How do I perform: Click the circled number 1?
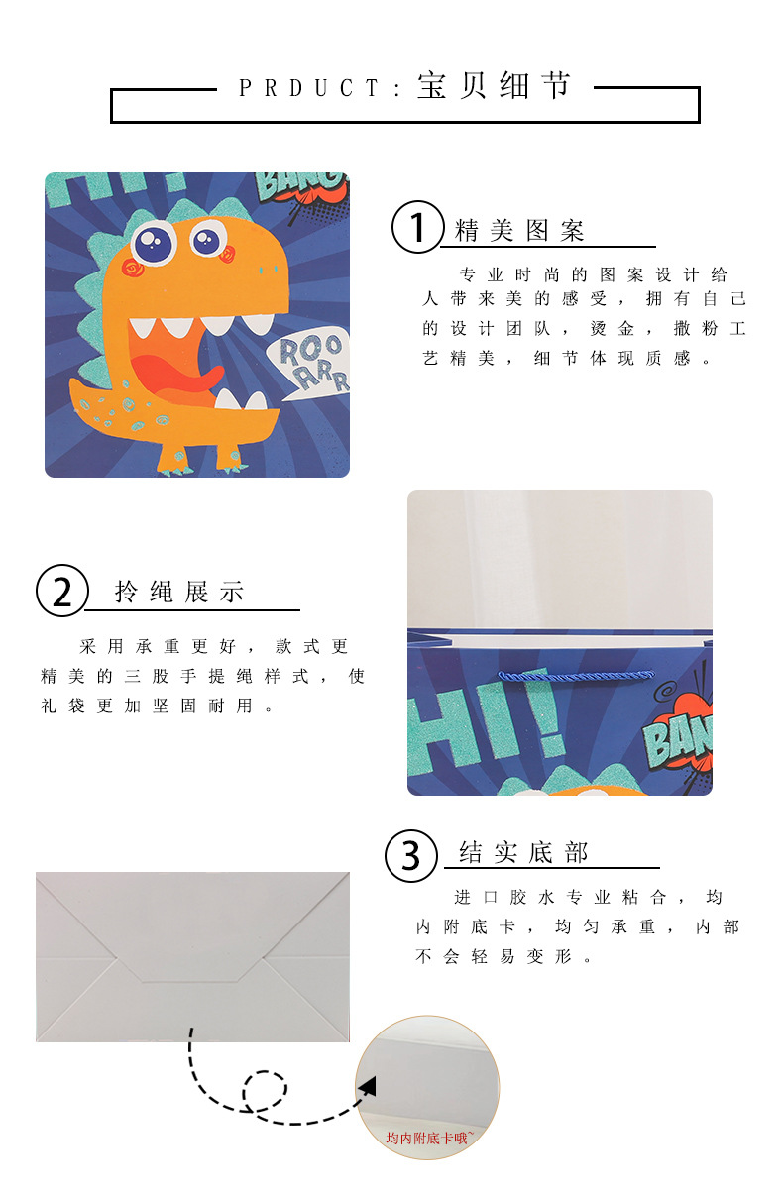pos(418,227)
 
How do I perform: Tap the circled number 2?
pos(62,591)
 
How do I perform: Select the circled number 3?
pos(411,854)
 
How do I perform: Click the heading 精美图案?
pos(519,232)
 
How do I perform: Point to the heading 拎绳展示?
pos(179,594)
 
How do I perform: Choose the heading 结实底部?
pos(523,853)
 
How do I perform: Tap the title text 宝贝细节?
pos(495,86)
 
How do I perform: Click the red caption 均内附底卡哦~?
pos(429,1139)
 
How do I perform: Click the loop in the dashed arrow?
pos(265,1091)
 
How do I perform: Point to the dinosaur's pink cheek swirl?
pos(131,268)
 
